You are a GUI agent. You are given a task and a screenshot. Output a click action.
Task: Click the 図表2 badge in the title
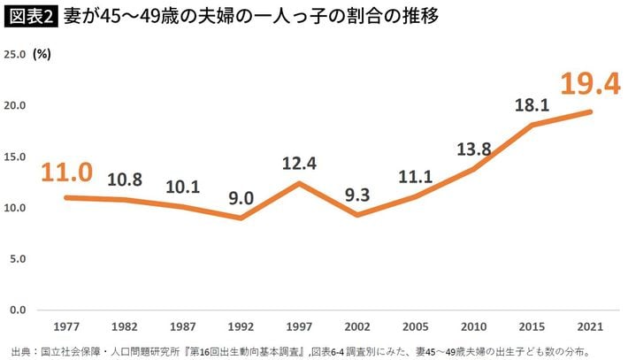pos(30,17)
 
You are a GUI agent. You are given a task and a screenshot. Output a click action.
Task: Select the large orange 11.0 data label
pos(67,172)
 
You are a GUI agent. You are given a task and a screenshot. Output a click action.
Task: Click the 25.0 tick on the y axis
pos(17,54)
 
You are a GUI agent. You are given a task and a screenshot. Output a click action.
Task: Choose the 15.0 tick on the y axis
pos(17,157)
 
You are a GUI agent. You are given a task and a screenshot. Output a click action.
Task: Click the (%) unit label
pos(42,54)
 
